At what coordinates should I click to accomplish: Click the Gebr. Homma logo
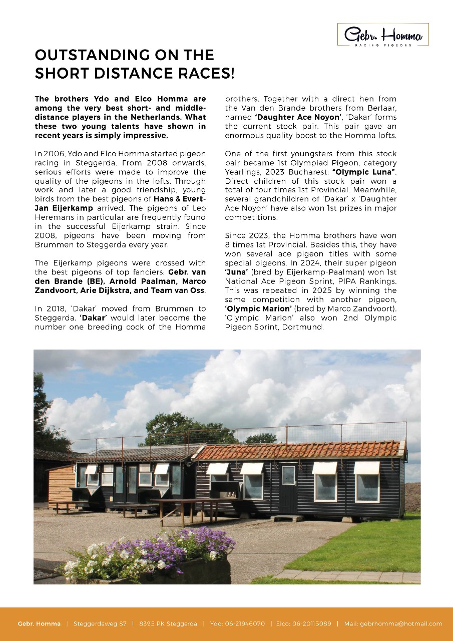[383, 35]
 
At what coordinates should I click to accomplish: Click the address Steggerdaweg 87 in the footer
[100, 623]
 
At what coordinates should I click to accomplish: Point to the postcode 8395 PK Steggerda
[168, 623]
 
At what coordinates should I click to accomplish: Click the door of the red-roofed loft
[288, 488]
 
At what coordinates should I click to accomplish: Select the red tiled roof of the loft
[300, 450]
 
